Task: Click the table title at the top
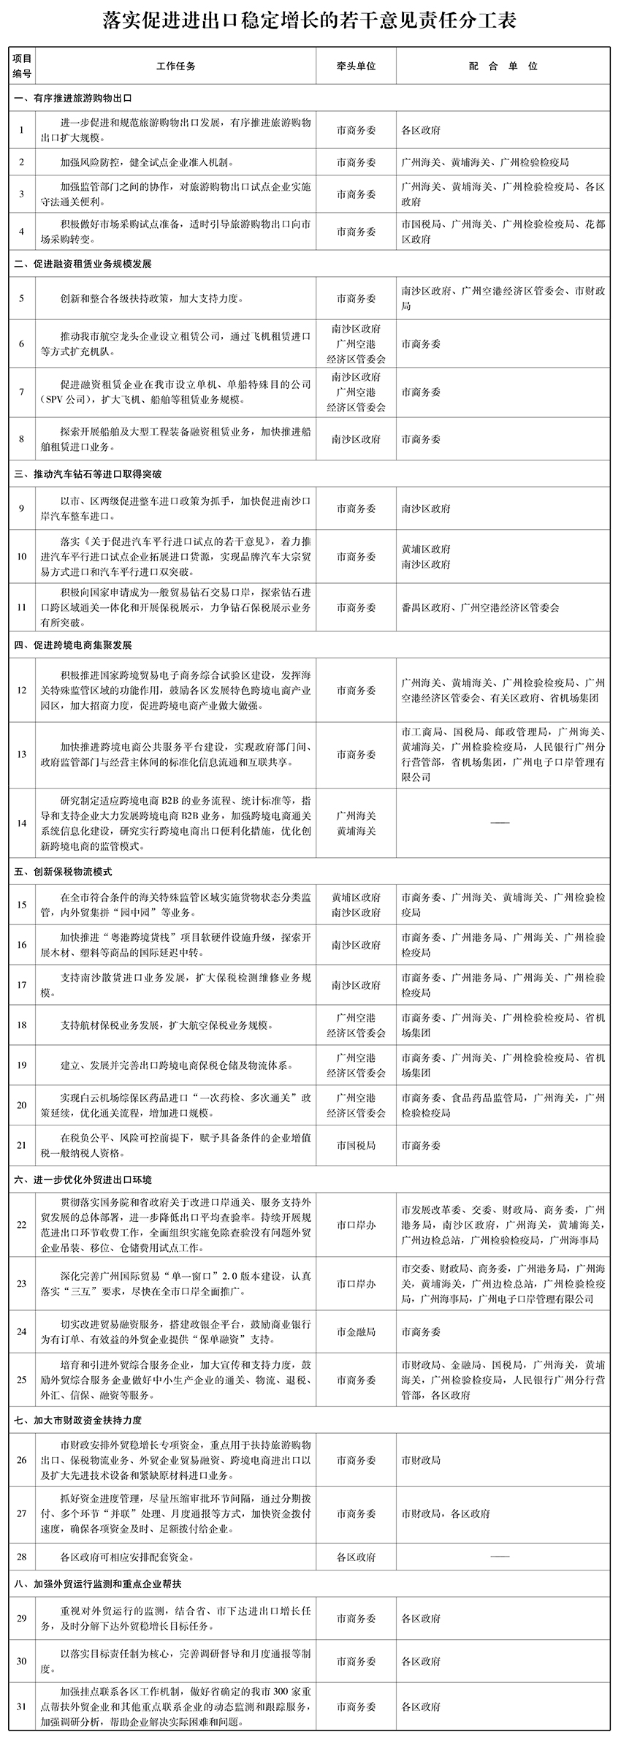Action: [x=310, y=20]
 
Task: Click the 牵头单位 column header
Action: [x=356, y=66]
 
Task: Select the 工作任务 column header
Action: [x=176, y=66]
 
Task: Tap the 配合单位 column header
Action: [x=503, y=66]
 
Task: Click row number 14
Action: [x=22, y=823]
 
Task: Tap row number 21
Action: [x=22, y=1146]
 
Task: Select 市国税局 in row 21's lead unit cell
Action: [x=356, y=1146]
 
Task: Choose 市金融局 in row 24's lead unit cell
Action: [x=356, y=1332]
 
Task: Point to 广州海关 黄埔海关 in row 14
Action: [x=356, y=823]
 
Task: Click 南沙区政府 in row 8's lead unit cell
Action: [x=356, y=439]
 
